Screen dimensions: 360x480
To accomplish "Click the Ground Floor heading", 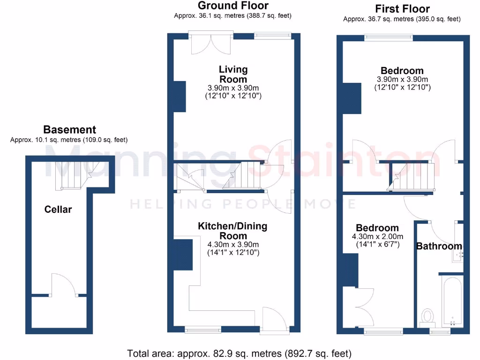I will coord(233,6).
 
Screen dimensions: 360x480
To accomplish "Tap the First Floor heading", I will coord(402,8).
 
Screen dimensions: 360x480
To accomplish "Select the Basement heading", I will coord(69,130).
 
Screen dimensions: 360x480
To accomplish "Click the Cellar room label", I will coord(58,209).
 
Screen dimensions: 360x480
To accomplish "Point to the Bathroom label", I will coord(439,246).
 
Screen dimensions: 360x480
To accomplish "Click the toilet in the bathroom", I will coord(427,316).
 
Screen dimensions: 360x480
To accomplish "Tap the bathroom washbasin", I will coord(457,254).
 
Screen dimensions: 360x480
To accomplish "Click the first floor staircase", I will coord(412,176).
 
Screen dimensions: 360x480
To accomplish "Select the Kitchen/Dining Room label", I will coord(233,231).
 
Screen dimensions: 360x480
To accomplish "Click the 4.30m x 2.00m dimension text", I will coord(377,237).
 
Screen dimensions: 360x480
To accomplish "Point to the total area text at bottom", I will coord(239,353).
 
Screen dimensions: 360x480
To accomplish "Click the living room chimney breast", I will coord(180,96).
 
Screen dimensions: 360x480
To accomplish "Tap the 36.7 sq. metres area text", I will coord(401,19).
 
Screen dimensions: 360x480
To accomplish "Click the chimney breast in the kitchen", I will coord(183,254).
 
